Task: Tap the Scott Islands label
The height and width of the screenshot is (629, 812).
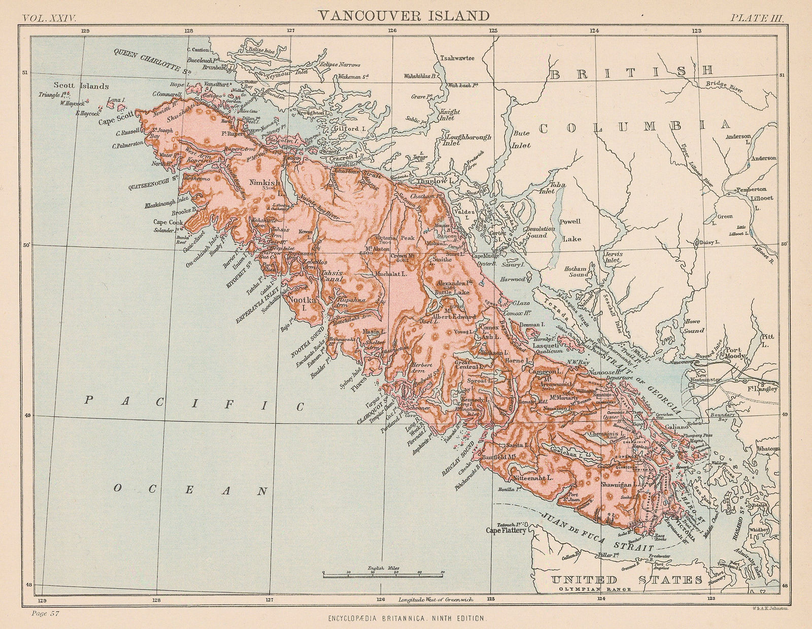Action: tap(81, 86)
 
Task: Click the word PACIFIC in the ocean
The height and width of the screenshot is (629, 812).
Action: tap(195, 404)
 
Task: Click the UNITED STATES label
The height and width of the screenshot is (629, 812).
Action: tap(627, 580)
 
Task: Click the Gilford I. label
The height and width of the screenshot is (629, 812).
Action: tap(345, 129)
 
